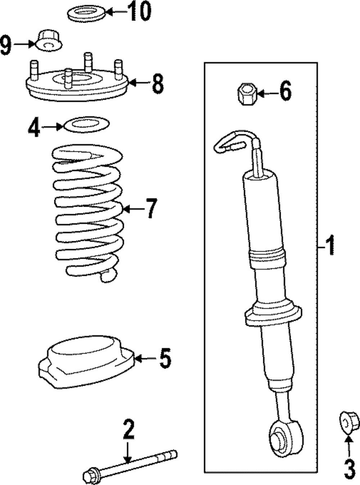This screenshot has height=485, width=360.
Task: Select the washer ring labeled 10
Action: (x=86, y=14)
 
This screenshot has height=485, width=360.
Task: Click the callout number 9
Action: (x=6, y=45)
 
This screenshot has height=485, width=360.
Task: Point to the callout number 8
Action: (x=158, y=84)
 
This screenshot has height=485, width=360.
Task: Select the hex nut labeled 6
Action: (x=247, y=94)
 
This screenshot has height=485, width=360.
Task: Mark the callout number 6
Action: (x=285, y=91)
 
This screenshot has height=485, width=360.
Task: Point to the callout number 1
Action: (x=329, y=245)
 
